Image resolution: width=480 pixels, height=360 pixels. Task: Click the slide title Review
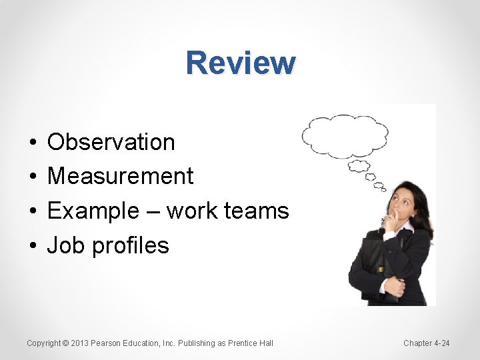click(241, 63)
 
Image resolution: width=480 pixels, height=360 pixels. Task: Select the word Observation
click(111, 142)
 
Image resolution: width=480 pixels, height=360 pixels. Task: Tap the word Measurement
click(120, 177)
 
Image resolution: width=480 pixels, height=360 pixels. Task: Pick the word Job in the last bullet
click(66, 246)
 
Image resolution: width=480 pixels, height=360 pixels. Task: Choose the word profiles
click(131, 246)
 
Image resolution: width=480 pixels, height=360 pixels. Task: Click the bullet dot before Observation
click(32, 143)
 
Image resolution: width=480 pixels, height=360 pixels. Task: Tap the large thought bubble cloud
click(344, 136)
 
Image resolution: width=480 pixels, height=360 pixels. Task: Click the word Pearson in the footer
click(107, 343)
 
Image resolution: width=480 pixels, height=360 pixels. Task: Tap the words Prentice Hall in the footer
click(251, 343)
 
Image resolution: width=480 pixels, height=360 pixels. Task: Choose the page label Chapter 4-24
click(426, 343)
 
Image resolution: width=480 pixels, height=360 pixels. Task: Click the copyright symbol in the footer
click(65, 343)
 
